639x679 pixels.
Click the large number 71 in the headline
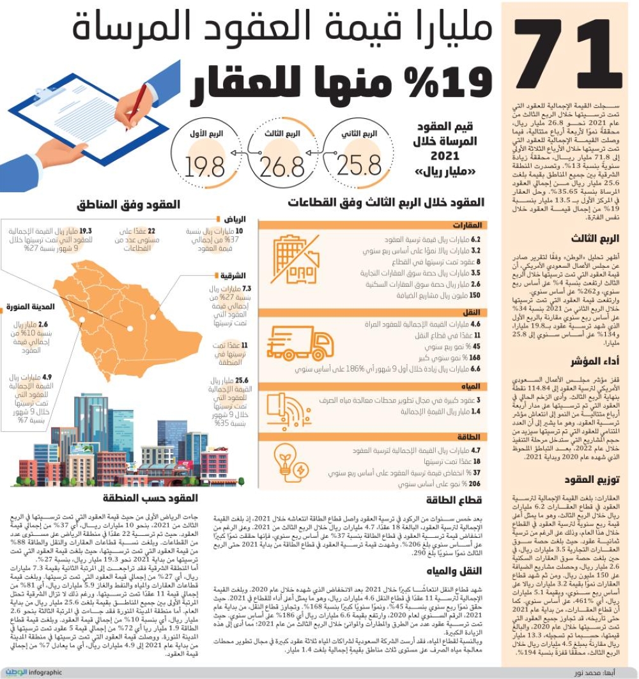[569, 53]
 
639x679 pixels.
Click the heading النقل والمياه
[460, 570]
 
